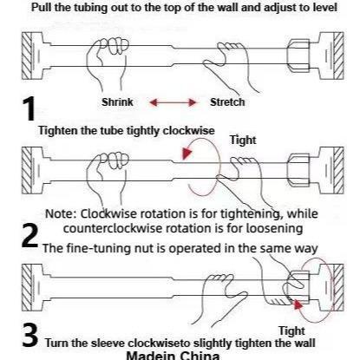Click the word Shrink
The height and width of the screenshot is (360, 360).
click(x=119, y=102)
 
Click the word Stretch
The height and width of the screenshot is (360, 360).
click(x=228, y=102)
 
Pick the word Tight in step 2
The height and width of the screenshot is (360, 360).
click(x=243, y=139)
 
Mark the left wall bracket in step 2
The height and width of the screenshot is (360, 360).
click(x=32, y=167)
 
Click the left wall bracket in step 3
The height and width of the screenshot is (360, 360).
click(x=32, y=285)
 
